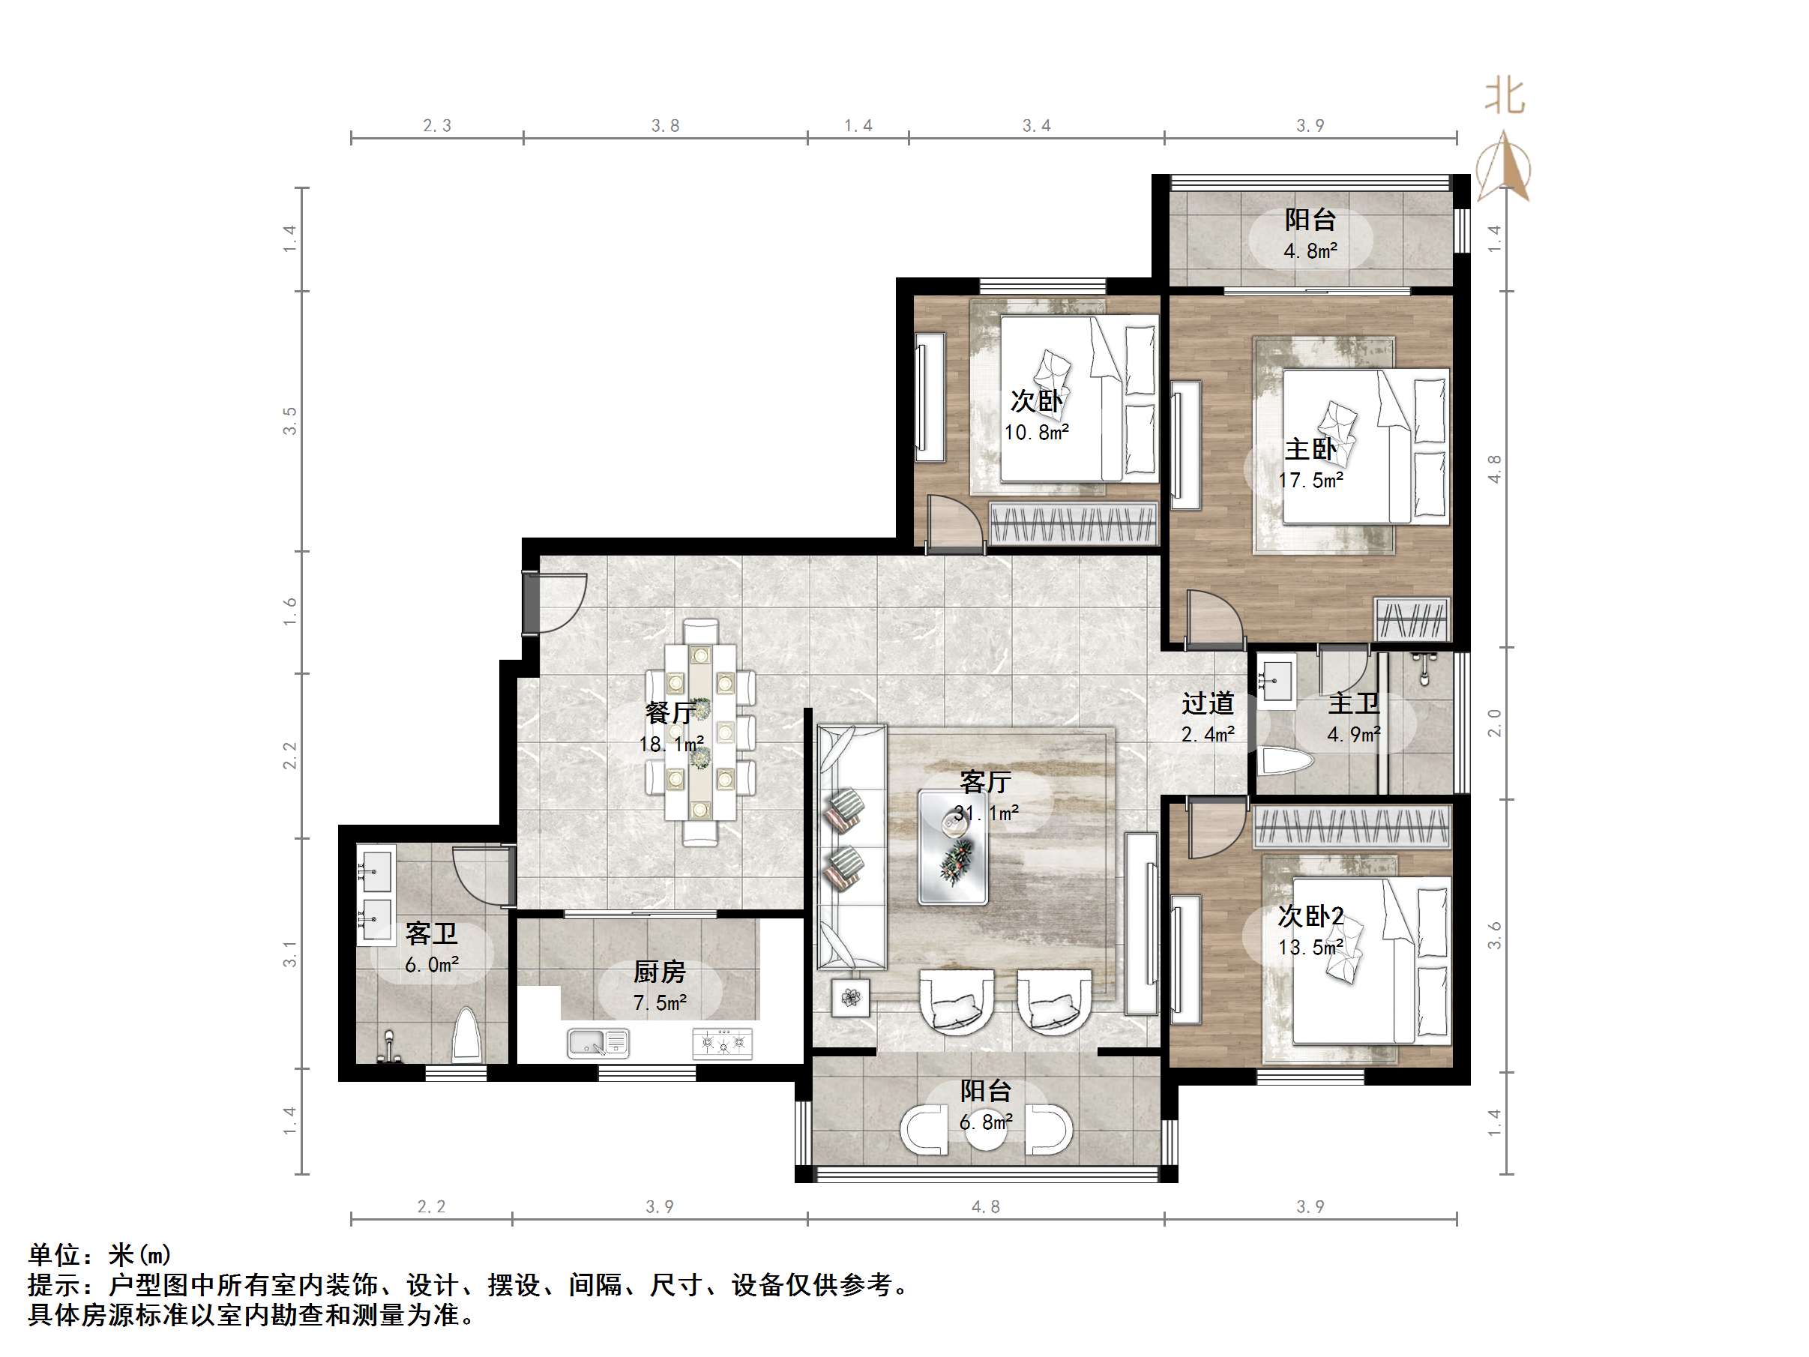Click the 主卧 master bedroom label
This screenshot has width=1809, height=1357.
point(1310,449)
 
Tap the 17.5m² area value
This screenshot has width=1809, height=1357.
point(1311,480)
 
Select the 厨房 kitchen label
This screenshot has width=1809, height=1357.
point(659,972)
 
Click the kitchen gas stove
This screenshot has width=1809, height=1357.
point(722,1043)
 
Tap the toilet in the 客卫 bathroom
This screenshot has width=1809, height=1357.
point(467,1035)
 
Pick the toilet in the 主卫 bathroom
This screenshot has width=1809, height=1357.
point(1286,762)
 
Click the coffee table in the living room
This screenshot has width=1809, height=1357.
point(953,846)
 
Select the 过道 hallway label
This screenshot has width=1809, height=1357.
point(1208,702)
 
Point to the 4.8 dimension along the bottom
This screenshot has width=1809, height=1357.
point(985,1206)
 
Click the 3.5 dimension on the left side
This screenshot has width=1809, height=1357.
point(290,421)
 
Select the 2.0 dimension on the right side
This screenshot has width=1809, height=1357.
point(1494,723)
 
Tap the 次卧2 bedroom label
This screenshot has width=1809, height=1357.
point(1311,916)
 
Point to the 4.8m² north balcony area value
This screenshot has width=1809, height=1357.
point(1311,251)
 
